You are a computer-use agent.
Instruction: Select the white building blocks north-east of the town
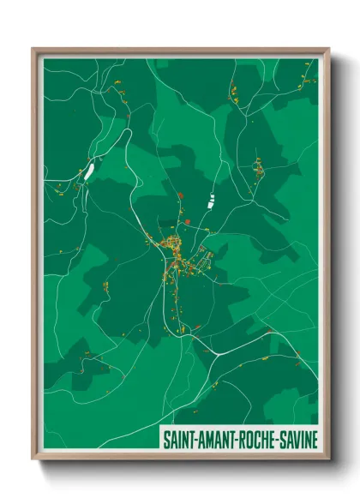pos(210,203)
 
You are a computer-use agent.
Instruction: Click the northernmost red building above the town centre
pos(181,196)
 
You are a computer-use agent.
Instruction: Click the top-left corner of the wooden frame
pos(33,49)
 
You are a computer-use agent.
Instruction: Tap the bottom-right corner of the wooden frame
pos(329,460)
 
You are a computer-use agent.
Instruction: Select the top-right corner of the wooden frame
pos(329,49)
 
